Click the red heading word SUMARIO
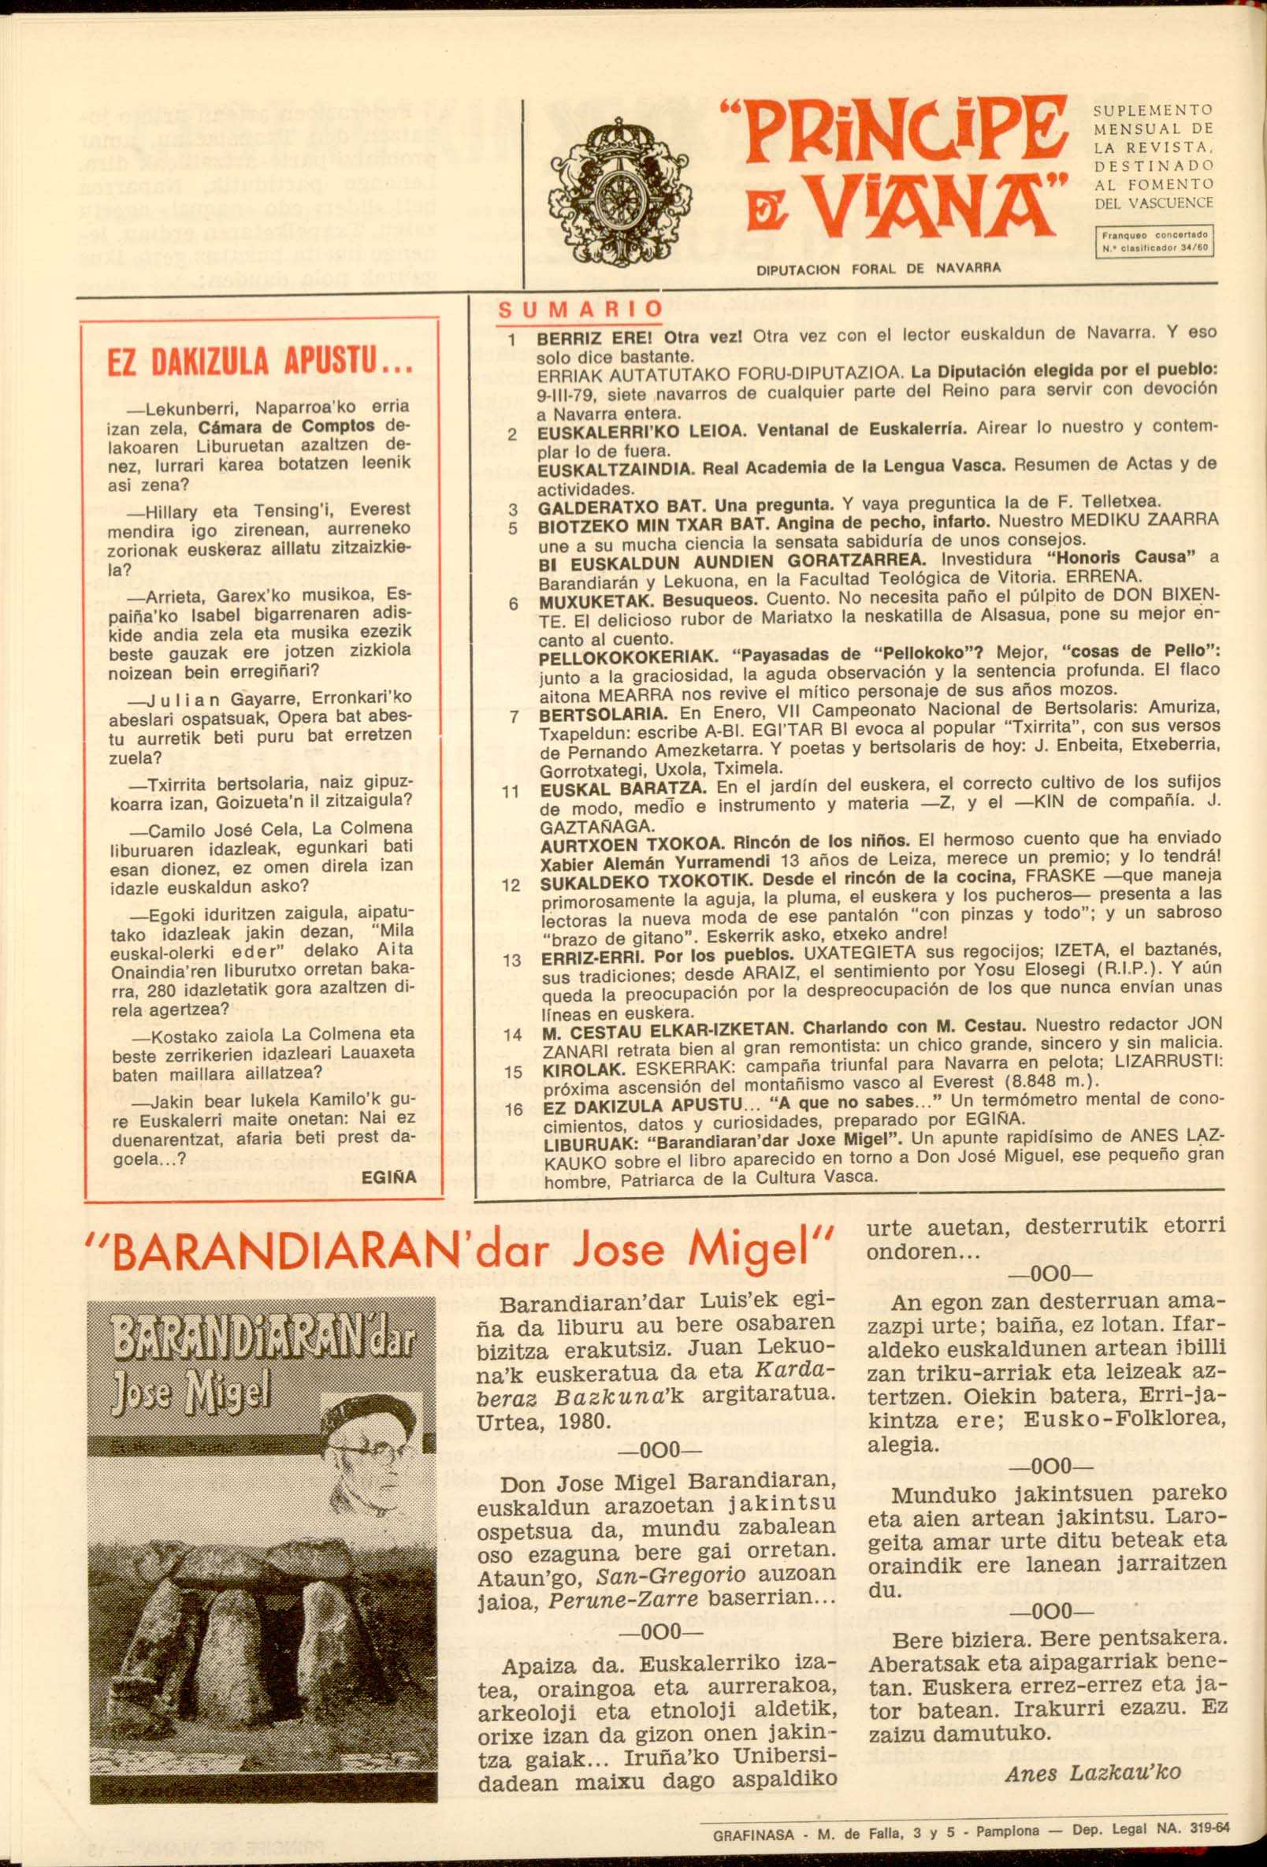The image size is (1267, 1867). coord(580,310)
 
